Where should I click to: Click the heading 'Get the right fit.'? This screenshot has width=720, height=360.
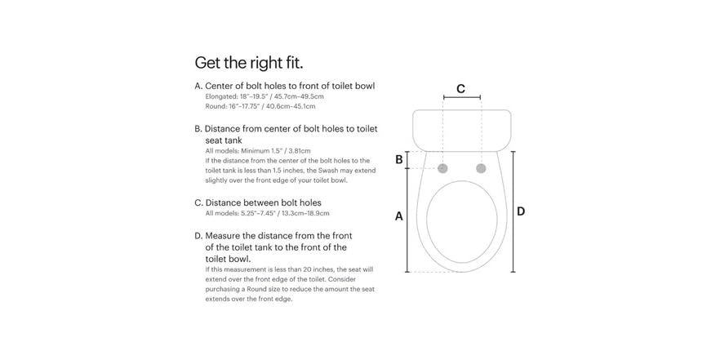click(x=249, y=62)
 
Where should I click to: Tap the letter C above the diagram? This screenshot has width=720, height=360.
click(x=461, y=89)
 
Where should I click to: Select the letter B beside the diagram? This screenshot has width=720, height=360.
click(x=399, y=160)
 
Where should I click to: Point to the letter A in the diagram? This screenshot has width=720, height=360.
click(x=399, y=216)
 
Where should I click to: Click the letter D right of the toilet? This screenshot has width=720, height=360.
click(x=521, y=211)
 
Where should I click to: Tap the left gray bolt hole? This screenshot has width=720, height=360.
click(x=442, y=168)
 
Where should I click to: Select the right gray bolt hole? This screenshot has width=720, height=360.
click(x=481, y=168)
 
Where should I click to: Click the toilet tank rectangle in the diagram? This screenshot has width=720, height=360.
click(x=462, y=131)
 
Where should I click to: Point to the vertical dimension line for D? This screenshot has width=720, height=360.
click(x=513, y=211)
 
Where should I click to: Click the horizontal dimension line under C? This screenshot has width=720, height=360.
click(x=462, y=97)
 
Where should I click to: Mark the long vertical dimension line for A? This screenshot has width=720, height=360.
click(x=407, y=220)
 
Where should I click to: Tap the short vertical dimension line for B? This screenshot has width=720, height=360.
click(x=407, y=160)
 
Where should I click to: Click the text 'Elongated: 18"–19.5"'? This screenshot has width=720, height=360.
click(x=234, y=97)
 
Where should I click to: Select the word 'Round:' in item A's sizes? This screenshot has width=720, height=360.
click(x=214, y=106)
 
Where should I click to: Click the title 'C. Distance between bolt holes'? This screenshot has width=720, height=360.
click(x=258, y=202)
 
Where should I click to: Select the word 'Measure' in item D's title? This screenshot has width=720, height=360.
click(x=222, y=236)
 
